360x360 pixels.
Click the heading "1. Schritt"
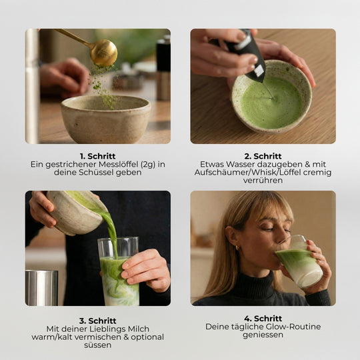[x=97, y=156]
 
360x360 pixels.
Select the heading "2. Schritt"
[x=263, y=156]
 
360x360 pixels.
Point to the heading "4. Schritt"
[x=263, y=319]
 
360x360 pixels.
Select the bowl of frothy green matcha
[x=271, y=103]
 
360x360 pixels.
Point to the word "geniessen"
[x=263, y=335]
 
